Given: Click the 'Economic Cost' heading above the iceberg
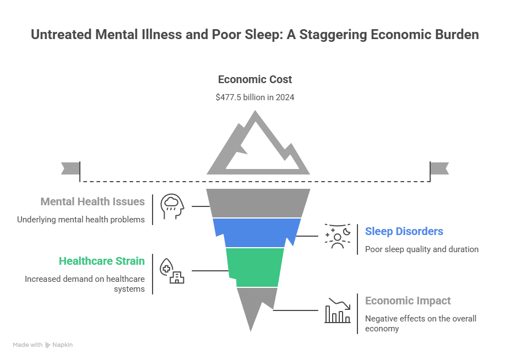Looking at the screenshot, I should (254, 79).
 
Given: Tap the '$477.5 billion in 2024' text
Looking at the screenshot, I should (254, 97).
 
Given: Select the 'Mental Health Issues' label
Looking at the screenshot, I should (93, 201).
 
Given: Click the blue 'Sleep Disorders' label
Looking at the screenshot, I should (404, 231).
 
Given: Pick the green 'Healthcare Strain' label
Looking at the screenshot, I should (102, 261).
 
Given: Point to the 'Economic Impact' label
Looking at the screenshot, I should (408, 301).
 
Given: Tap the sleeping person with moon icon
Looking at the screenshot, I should (337, 236).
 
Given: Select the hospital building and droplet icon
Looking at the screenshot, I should (171, 271).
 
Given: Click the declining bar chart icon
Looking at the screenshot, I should (337, 310).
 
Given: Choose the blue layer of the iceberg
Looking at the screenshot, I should (257, 232).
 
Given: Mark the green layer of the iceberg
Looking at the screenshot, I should (256, 267).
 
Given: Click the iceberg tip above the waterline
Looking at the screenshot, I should (256, 144).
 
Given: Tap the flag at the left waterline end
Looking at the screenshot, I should (70, 167).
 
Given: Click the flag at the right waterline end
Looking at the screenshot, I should (440, 167).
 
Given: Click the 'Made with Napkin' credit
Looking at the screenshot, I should (42, 345).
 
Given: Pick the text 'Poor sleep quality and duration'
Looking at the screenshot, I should (421, 249).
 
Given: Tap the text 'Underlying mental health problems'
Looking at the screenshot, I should (81, 219).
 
